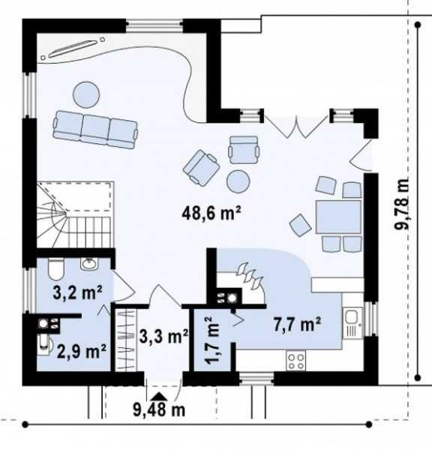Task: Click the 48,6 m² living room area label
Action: [x=211, y=213]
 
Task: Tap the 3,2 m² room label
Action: [x=77, y=292]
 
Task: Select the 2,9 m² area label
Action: [x=82, y=351]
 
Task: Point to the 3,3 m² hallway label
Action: [x=164, y=336]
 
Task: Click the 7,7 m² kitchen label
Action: [x=297, y=325]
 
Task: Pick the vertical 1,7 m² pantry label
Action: [x=213, y=340]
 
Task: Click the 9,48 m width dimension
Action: [x=159, y=409]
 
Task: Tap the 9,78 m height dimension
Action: [x=401, y=204]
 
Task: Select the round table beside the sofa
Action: [x=86, y=94]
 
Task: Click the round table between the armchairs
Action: [x=238, y=181]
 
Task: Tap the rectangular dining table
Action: [x=338, y=217]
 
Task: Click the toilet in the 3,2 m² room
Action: [x=55, y=269]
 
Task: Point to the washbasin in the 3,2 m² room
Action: [x=89, y=264]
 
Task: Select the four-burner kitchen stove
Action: [x=295, y=361]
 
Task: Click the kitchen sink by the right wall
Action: [x=352, y=323]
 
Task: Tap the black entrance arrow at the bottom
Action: [x=159, y=396]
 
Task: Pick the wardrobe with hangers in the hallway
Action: [x=126, y=340]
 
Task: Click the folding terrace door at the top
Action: [x=295, y=126]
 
